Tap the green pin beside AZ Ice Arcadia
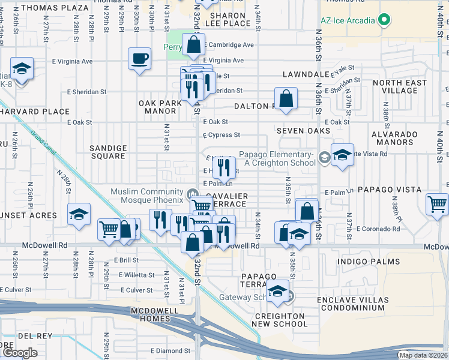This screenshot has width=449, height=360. [x=384, y=20]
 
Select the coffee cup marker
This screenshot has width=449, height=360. [x=139, y=59]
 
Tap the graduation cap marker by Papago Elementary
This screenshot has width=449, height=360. [x=342, y=155]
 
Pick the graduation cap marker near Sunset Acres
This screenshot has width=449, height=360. [x=79, y=215]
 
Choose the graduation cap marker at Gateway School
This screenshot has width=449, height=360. [x=278, y=290]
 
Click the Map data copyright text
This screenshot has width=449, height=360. [x=423, y=355]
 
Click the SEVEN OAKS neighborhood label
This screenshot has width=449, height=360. [x=303, y=130]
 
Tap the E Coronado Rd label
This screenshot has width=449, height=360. [x=378, y=229]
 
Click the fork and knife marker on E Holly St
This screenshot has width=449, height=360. [x=224, y=167]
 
